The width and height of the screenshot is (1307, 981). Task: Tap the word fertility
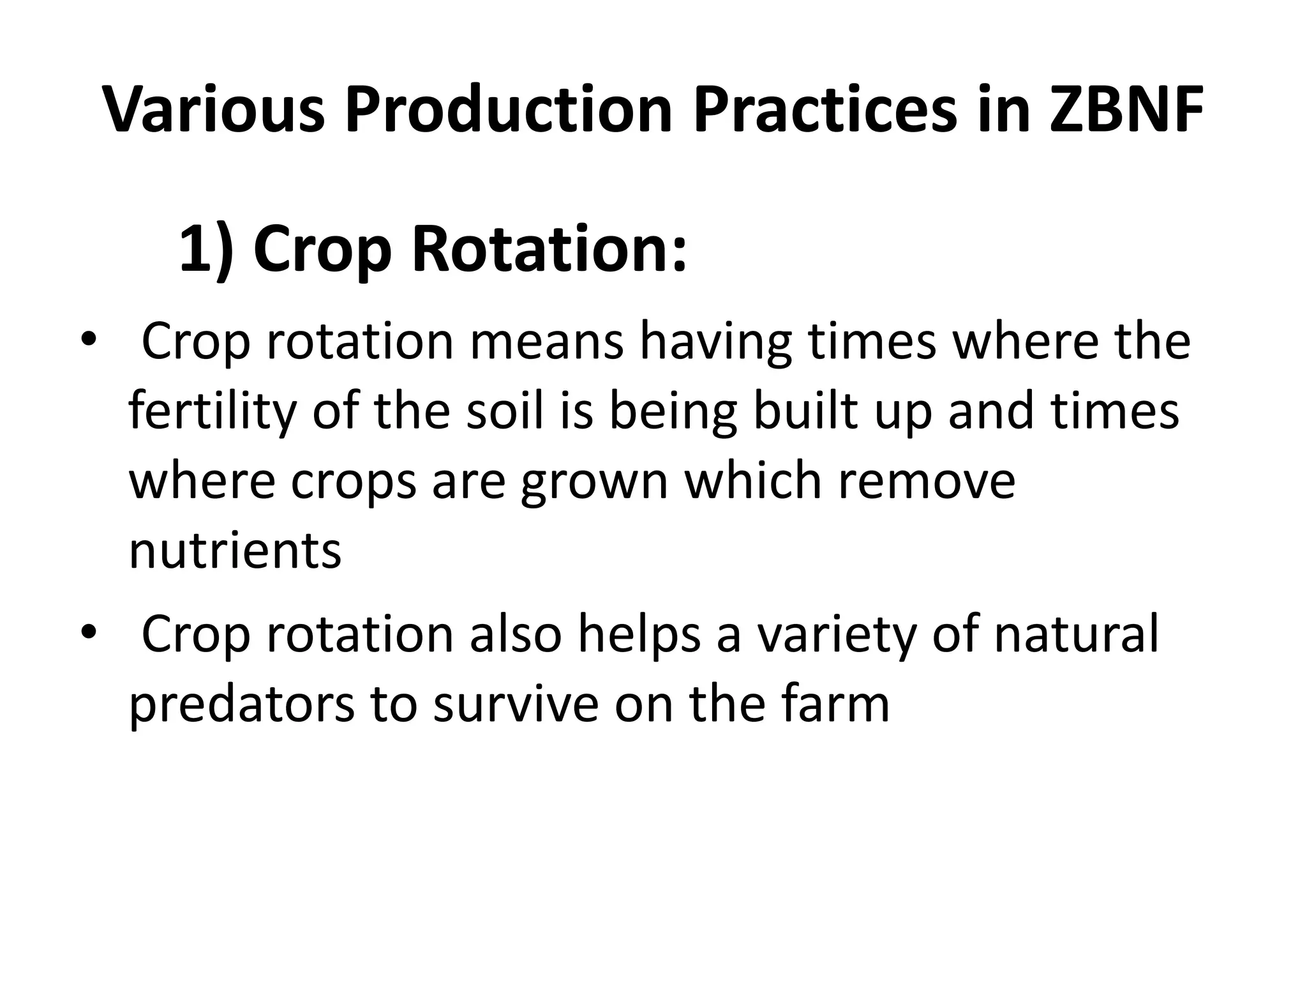click(x=213, y=412)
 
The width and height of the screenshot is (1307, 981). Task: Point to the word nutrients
click(x=235, y=551)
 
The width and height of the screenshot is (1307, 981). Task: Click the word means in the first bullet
click(x=547, y=342)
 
